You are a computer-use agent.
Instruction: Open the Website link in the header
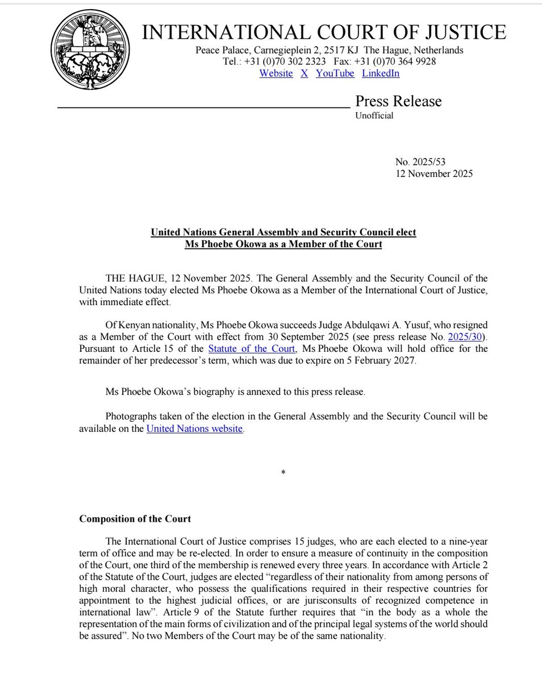[x=276, y=73]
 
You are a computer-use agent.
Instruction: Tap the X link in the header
[x=305, y=73]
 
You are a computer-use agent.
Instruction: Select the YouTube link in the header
[x=335, y=73]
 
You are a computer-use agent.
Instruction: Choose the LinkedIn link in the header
[x=381, y=73]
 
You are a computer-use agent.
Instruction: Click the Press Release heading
[x=398, y=101]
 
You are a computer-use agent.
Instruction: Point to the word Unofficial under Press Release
[x=374, y=115]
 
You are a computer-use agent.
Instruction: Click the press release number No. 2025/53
[x=424, y=163]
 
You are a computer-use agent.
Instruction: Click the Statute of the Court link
[x=252, y=348]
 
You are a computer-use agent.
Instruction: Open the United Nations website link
[x=195, y=429]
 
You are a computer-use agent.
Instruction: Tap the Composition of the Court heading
[x=135, y=518]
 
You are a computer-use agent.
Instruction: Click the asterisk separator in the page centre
[x=283, y=473]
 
